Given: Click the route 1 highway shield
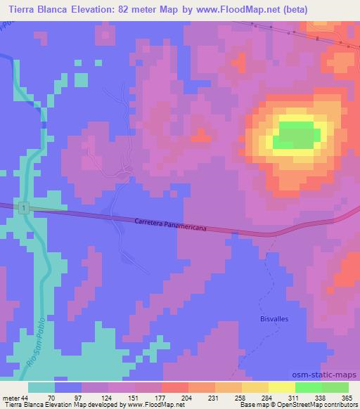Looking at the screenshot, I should point(24,208).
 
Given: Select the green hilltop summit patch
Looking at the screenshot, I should point(295,135).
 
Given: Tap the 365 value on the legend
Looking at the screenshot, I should point(347,397).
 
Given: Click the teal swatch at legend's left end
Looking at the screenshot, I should point(41,387).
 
